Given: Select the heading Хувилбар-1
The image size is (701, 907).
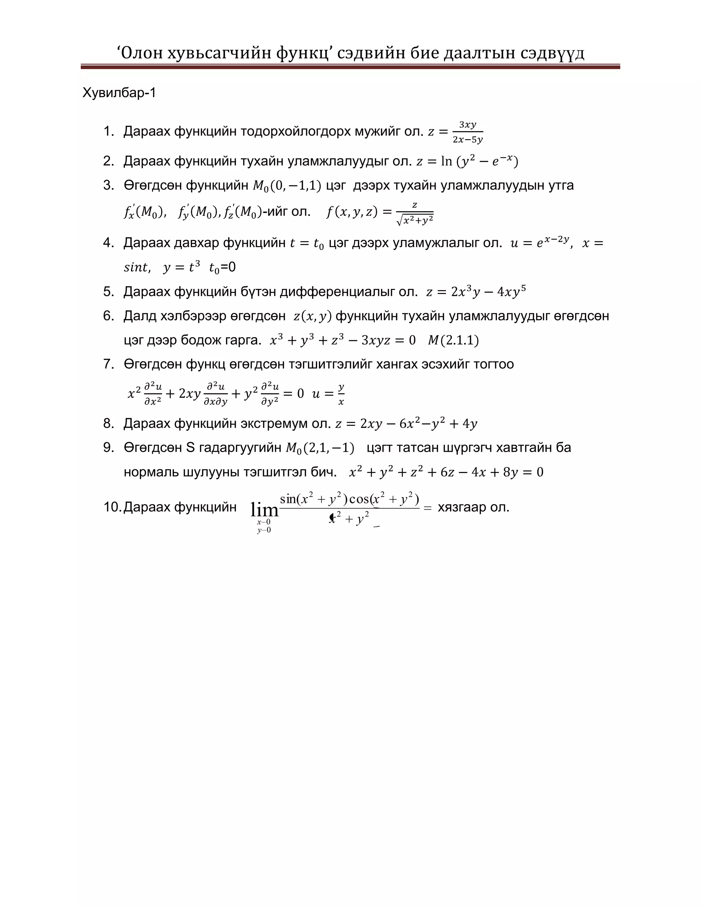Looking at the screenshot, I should pyautogui.click(x=119, y=93).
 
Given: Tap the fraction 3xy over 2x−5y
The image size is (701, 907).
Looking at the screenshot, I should pyautogui.click(x=468, y=132).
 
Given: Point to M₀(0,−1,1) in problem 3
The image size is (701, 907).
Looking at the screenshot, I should pyautogui.click(x=287, y=186).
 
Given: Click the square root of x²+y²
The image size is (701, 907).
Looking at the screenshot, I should pyautogui.click(x=415, y=220).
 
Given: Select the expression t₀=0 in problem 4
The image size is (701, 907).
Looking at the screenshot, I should pyautogui.click(x=222, y=267).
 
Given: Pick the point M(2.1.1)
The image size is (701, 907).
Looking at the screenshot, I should pyautogui.click(x=453, y=340).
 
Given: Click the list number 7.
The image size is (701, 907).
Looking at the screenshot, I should pyautogui.click(x=109, y=364).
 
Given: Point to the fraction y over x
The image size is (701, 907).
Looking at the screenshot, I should pyautogui.click(x=341, y=394).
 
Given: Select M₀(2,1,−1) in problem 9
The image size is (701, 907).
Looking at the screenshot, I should pyautogui.click(x=320, y=448).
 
